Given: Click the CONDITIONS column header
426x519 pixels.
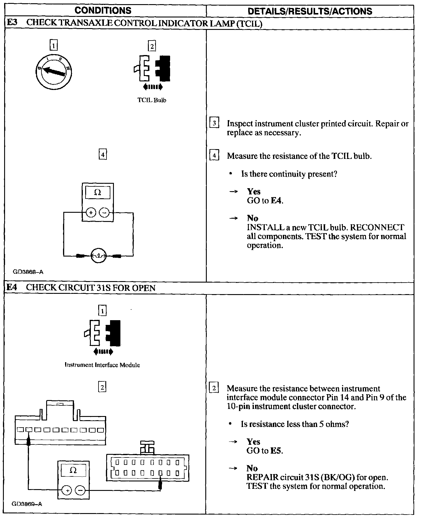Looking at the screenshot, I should [x=103, y=11].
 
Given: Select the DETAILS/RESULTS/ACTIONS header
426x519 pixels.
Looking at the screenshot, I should [x=310, y=11].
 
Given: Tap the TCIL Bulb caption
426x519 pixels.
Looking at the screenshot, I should [x=152, y=100].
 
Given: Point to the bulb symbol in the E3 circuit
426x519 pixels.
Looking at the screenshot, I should [x=98, y=255].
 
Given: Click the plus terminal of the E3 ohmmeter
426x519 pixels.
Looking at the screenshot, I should [x=91, y=212].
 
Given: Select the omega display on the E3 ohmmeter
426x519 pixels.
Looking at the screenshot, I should [x=98, y=193].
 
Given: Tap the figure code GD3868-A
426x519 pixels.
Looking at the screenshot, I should [x=28, y=272].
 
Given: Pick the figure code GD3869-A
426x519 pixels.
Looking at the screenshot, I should [x=27, y=504].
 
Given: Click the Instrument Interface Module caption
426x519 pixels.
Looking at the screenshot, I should [x=102, y=365].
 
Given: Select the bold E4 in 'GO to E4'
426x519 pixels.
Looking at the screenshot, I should [x=277, y=201].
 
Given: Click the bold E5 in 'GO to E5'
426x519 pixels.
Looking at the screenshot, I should [x=276, y=451].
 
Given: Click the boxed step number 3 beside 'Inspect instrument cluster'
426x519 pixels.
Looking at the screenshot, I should [x=214, y=123].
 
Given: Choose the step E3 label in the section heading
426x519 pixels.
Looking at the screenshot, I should [x=12, y=23].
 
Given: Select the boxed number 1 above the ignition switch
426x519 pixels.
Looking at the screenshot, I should [x=54, y=46].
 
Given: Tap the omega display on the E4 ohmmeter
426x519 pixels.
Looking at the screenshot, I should [x=73, y=470].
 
